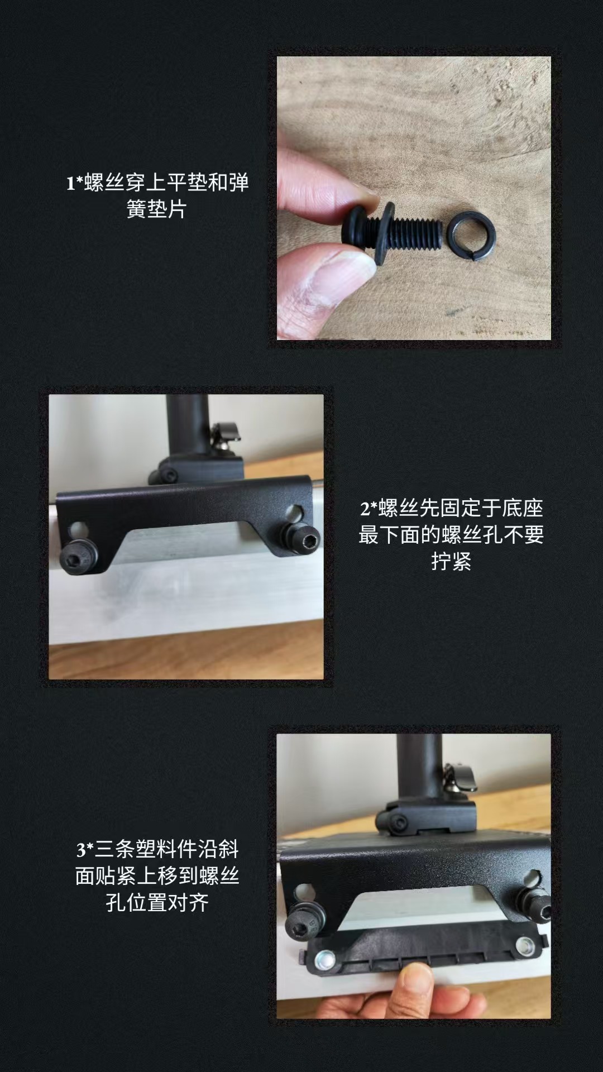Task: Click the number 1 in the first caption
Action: coord(70,184)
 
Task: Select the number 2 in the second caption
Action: coord(365,509)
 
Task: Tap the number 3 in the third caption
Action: coord(81,850)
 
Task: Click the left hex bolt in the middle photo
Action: coord(79,556)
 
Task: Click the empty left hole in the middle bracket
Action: coord(80,528)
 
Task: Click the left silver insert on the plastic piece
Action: coord(324,960)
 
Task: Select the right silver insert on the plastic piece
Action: coord(525,945)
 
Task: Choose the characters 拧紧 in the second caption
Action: coord(451,562)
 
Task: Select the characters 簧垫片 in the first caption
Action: coord(156,209)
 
